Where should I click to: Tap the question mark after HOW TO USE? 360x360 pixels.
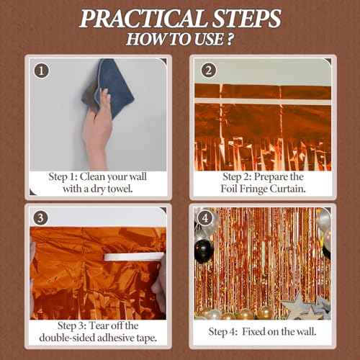tap(230, 39)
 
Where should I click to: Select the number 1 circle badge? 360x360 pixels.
tap(42, 71)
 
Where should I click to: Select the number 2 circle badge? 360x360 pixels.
tap(209, 71)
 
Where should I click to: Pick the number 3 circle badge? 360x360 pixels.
tap(40, 218)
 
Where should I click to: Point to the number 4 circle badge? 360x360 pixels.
tap(204, 218)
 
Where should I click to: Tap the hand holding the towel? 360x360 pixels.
tap(98, 130)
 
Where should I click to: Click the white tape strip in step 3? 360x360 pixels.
tap(134, 256)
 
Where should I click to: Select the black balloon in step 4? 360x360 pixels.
tap(204, 251)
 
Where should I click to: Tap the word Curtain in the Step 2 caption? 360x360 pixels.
tap(287, 189)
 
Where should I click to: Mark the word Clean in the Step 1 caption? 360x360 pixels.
tap(92, 177)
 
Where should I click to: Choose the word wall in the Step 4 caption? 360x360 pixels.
tap(306, 332)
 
